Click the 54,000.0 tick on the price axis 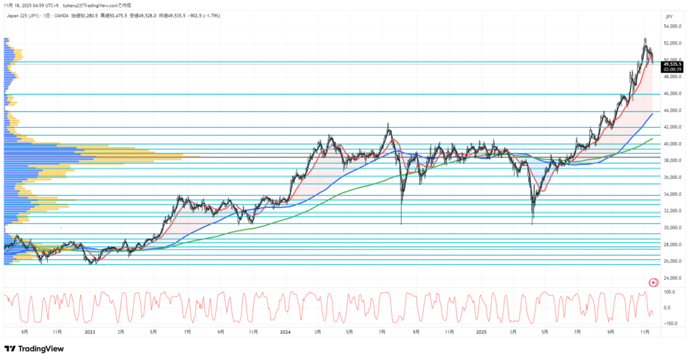[x=673, y=26]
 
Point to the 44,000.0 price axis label [x=673, y=110]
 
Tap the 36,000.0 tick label [x=673, y=178]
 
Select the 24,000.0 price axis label [x=673, y=278]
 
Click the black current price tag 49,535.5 [x=673, y=64]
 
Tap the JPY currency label [x=669, y=15]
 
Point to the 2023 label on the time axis [x=89, y=332]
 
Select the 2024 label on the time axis [x=285, y=332]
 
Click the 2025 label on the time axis [x=480, y=332]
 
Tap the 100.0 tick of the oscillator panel [x=670, y=292]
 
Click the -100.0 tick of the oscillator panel [x=669, y=324]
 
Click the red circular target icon [x=652, y=282]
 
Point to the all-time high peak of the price [x=645, y=39]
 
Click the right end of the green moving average [x=653, y=139]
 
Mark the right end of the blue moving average [x=653, y=114]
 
